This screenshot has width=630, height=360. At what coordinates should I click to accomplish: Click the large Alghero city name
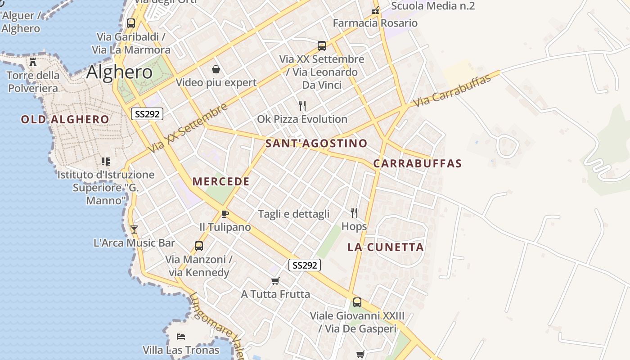point(119,72)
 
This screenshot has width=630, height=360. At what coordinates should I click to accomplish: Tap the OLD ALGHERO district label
point(65,119)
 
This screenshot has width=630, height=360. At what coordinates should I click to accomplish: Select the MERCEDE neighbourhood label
point(221,181)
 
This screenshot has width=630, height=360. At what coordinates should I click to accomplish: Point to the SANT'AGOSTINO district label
point(316,143)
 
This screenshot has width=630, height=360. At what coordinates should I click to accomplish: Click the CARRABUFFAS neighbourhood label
point(418,163)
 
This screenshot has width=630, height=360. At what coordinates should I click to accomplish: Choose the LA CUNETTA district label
point(386,247)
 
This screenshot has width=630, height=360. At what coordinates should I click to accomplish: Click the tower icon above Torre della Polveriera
point(33,62)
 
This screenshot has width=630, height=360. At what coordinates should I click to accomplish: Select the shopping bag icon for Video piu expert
point(216,69)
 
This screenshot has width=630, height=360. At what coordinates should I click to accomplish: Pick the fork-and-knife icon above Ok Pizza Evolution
point(302,106)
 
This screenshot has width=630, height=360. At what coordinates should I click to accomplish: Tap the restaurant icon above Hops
point(354,212)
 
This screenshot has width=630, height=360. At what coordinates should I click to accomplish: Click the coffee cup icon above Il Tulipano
point(225,214)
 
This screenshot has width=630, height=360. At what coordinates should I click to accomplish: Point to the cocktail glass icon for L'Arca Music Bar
point(134,229)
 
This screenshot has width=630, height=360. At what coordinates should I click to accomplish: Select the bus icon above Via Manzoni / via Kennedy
point(199,246)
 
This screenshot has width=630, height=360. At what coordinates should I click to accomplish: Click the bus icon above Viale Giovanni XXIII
point(357,302)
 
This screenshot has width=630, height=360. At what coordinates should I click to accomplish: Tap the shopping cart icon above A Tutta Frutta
point(275,281)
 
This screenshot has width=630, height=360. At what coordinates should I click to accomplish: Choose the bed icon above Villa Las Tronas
point(181,337)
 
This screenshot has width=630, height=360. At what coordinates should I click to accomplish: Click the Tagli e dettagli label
point(294,214)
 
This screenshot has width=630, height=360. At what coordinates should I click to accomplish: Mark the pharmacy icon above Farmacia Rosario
point(375,10)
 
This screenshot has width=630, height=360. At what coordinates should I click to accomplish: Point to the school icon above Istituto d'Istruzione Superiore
point(106,161)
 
